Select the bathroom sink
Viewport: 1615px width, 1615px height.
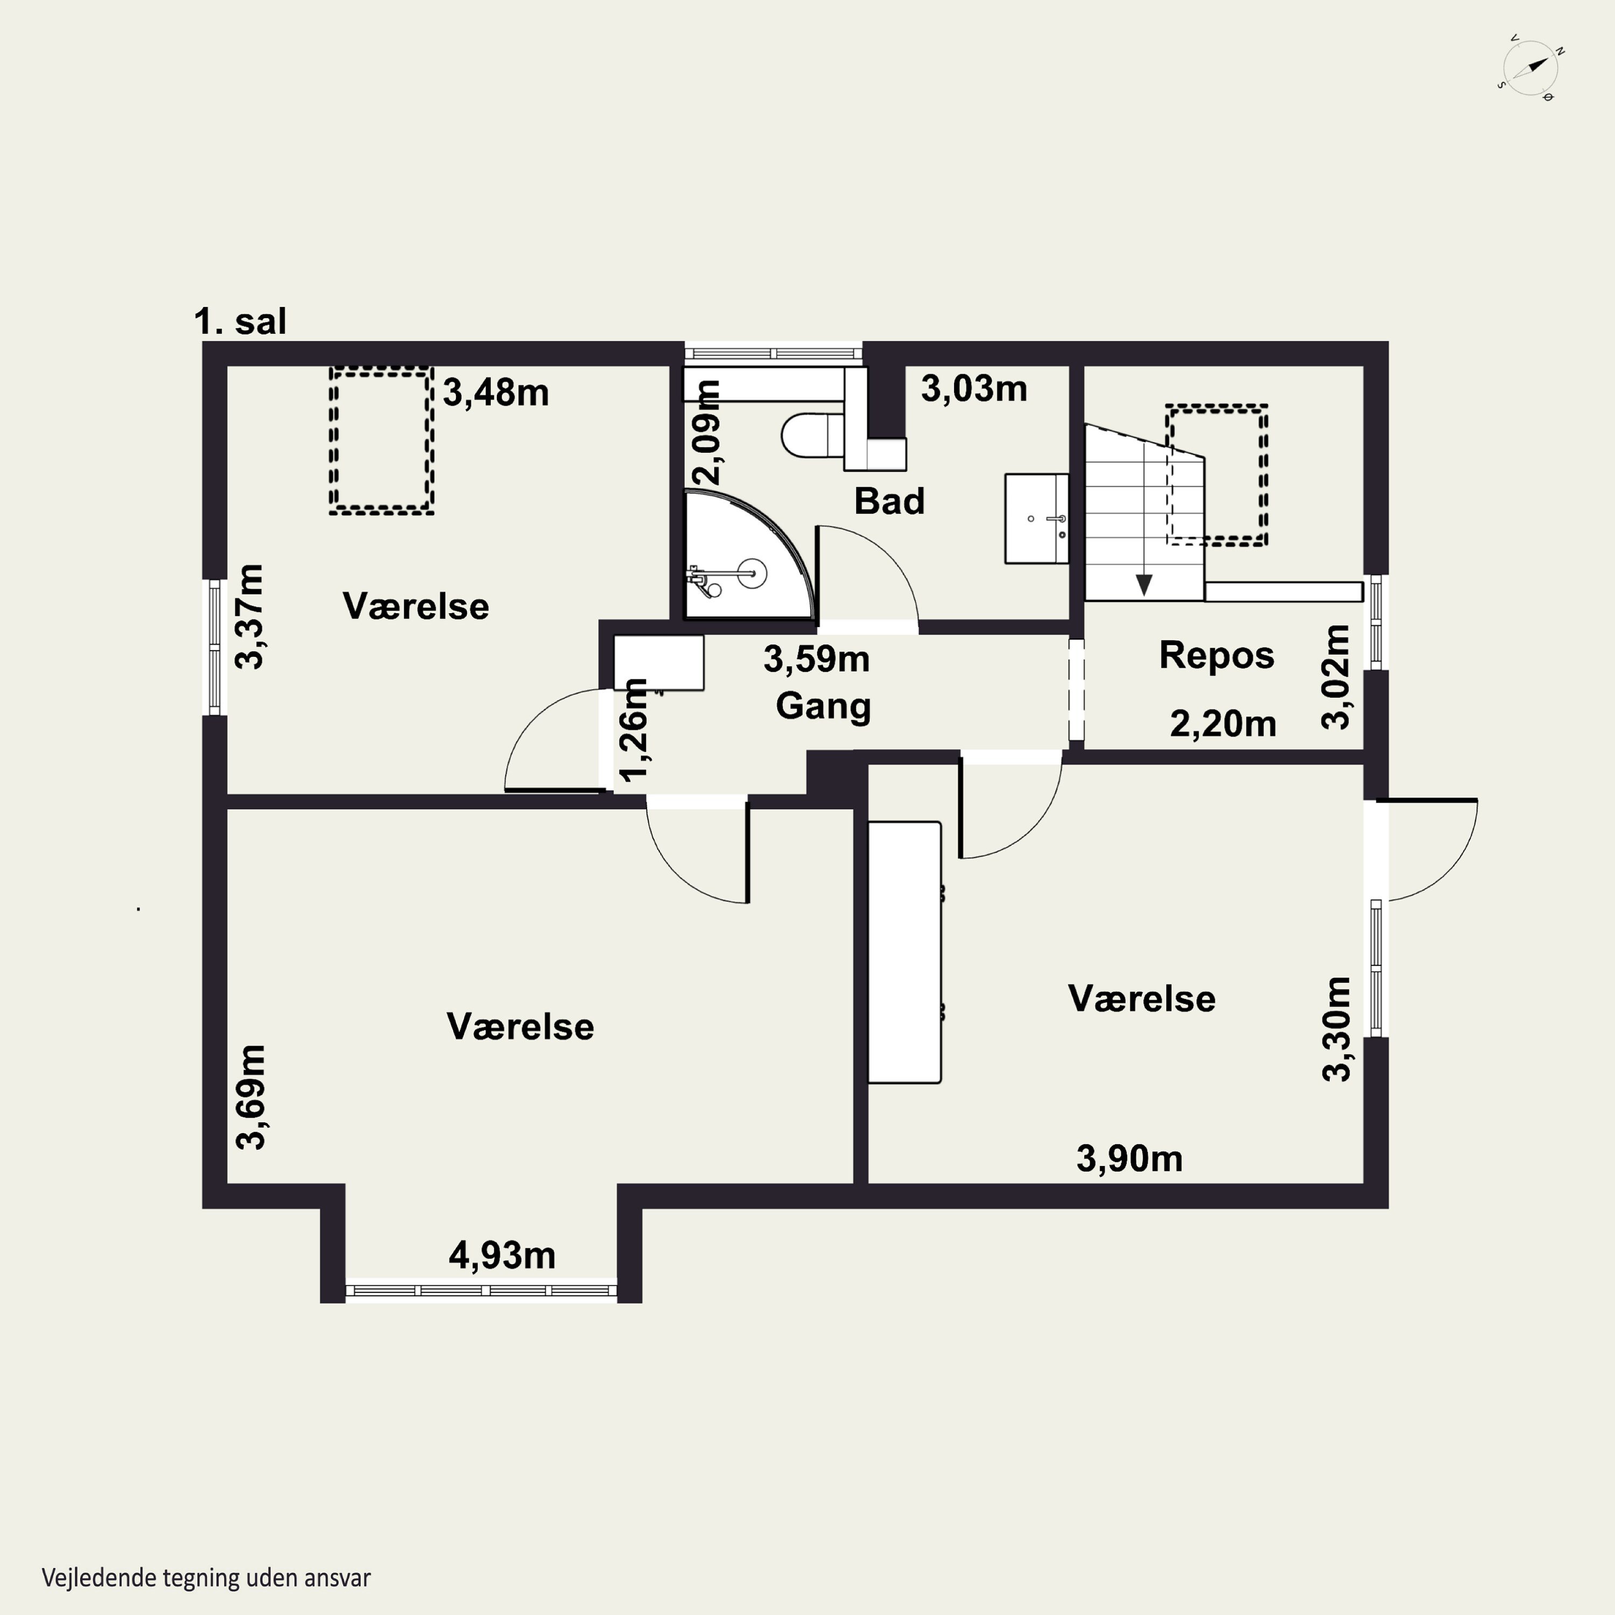coord(1036,518)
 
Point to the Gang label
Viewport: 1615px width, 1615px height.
coord(824,706)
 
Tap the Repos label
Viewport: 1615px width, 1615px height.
coord(1216,655)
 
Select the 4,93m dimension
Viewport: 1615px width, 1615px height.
coord(502,1255)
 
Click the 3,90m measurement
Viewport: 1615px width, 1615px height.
coord(1129,1158)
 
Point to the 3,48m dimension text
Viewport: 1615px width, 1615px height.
coord(496,392)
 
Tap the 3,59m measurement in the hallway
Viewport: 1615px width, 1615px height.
coord(817,659)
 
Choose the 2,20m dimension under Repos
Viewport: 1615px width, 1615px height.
coord(1223,724)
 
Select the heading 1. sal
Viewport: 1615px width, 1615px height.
coord(240,321)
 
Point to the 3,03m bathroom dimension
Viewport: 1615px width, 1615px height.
coord(974,389)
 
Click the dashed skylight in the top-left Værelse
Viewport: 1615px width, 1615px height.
coord(381,440)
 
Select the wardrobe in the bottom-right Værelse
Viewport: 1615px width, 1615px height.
coord(905,952)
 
